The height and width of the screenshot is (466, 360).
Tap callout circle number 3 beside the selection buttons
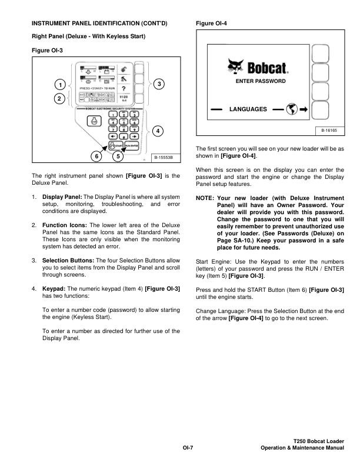coord(159,84)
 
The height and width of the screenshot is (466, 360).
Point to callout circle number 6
coord(96,157)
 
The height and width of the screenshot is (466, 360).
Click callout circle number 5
coord(118,157)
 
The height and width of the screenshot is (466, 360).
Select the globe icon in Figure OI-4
coord(290,109)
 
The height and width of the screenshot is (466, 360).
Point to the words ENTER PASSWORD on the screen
coord(260,81)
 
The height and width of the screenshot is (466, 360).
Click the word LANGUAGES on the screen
coord(248,109)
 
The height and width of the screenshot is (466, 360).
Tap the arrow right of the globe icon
coord(304,109)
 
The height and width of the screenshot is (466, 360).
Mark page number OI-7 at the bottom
coord(188,448)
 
